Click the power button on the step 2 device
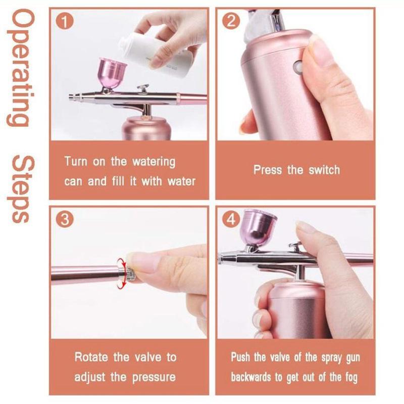[298, 66]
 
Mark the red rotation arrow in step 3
[121, 273]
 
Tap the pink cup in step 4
[259, 227]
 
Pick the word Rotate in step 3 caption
[92, 358]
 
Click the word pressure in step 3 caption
[151, 377]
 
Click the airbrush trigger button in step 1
[144, 88]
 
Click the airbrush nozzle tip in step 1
[72, 96]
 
